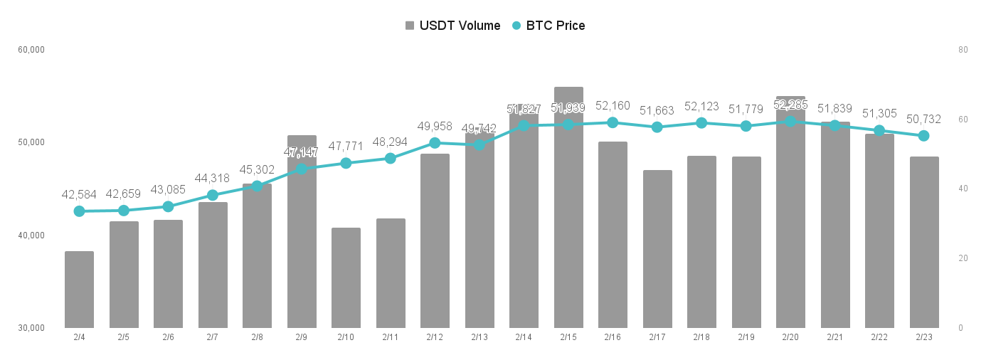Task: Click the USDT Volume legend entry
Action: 452,26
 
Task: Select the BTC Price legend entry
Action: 549,26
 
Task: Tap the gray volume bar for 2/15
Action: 568,208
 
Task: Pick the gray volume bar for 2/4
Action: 79,290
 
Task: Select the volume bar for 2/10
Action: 346,277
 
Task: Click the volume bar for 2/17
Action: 657,249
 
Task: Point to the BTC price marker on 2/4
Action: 79,211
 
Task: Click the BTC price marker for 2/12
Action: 435,143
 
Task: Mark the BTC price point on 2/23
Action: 923,136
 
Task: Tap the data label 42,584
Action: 79,195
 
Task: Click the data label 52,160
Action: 613,106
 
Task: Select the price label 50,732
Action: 923,119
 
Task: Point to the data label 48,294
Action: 390,142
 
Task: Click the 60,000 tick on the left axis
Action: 31,50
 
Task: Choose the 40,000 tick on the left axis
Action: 31,235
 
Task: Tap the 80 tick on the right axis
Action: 963,50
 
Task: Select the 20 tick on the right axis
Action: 963,258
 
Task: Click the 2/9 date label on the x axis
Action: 301,337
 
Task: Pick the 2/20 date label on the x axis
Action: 790,337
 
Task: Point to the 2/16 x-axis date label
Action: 613,337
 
